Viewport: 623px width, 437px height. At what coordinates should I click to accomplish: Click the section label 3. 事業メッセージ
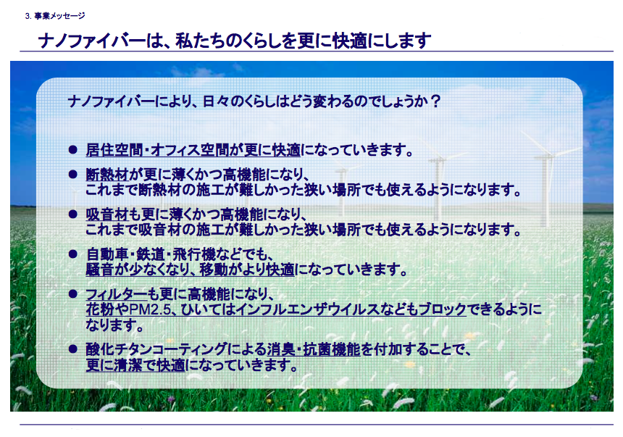(55, 16)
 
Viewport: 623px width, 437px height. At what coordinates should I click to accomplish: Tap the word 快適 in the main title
(350, 41)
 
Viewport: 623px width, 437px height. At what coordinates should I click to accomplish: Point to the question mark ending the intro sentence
(435, 101)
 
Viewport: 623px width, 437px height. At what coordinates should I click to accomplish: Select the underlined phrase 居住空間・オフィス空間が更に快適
(193, 150)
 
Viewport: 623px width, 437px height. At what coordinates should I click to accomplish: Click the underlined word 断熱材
(107, 174)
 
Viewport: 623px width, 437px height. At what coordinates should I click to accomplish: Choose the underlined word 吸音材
(107, 215)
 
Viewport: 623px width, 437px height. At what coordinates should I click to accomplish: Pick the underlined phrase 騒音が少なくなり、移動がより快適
(191, 270)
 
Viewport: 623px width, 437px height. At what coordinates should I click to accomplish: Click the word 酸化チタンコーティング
(156, 349)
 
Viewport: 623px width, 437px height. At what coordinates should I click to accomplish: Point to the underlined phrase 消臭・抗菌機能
(314, 349)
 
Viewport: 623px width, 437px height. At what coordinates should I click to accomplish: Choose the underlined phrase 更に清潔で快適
(135, 365)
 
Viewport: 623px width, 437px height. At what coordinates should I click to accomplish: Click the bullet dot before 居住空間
(72, 149)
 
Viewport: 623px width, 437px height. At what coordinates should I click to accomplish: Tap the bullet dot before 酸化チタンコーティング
(72, 349)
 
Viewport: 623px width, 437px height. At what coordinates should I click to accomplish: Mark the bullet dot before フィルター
(72, 294)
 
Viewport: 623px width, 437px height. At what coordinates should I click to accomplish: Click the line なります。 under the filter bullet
(115, 325)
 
